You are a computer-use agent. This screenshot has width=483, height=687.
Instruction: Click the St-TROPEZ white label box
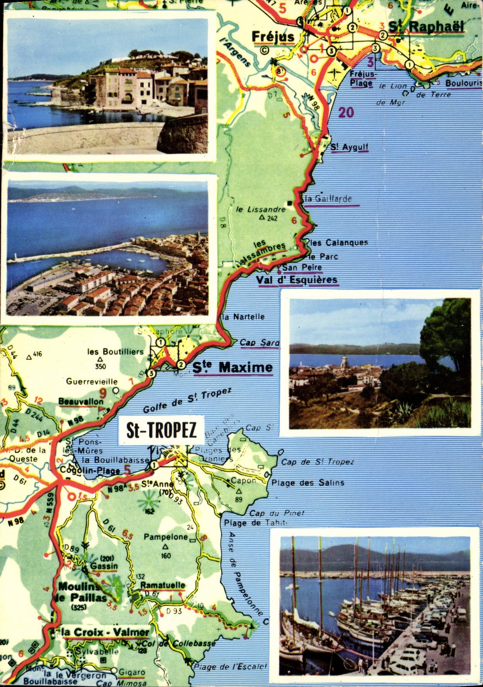pyautogui.click(x=161, y=430)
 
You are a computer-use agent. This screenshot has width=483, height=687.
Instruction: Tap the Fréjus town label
pyautogui.click(x=273, y=37)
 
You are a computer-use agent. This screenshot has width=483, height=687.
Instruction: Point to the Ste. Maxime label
pyautogui.click(x=232, y=367)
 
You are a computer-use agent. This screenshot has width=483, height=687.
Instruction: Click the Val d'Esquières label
pyautogui.click(x=297, y=280)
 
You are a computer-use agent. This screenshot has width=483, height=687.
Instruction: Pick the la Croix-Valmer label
pyautogui.click(x=105, y=632)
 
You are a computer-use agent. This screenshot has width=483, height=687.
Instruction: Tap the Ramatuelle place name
pyautogui.click(x=162, y=585)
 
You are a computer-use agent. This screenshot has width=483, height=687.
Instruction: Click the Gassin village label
pyautogui.click(x=104, y=566)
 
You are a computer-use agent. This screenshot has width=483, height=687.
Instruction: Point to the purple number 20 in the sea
pyautogui.click(x=346, y=113)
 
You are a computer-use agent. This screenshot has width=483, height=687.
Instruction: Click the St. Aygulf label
pyautogui.click(x=349, y=147)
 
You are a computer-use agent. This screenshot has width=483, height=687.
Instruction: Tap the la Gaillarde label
pyautogui.click(x=328, y=199)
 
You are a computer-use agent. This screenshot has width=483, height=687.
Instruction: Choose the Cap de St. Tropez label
pyautogui.click(x=317, y=461)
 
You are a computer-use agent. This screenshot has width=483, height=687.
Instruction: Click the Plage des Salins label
pyautogui.click(x=308, y=482)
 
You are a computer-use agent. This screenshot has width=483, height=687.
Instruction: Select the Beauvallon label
pyautogui.click(x=81, y=402)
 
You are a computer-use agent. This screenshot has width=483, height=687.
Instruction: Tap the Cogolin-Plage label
pyautogui.click(x=90, y=470)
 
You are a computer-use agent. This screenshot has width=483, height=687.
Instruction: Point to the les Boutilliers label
pyautogui.click(x=115, y=352)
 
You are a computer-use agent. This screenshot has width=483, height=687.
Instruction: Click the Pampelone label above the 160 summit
pyautogui.click(x=166, y=537)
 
